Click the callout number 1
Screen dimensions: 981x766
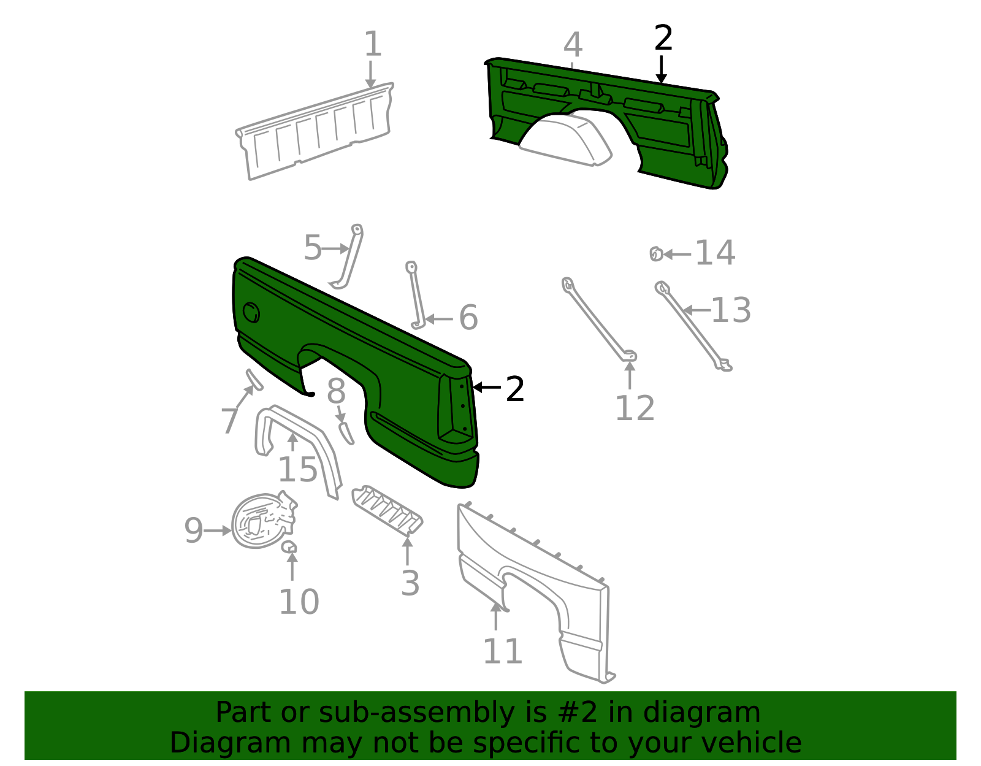pos(373,44)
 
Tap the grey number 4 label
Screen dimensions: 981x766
pos(573,45)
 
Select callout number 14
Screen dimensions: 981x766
pos(715,253)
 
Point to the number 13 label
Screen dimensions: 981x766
pos(731,310)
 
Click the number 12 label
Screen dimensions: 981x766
pos(635,408)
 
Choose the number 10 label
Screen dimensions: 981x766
pos(299,602)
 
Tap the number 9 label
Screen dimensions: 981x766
pos(194,530)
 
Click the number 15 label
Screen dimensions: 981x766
pos(298,469)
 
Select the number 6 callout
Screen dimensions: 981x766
pos(468,317)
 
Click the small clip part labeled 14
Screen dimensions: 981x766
pos(657,254)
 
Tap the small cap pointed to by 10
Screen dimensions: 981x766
pos(289,547)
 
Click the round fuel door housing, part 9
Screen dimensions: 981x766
pos(264,521)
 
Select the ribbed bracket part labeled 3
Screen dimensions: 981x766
pos(387,510)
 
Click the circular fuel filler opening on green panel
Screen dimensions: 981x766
pos(251,313)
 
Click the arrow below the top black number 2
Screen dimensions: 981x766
pos(661,70)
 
